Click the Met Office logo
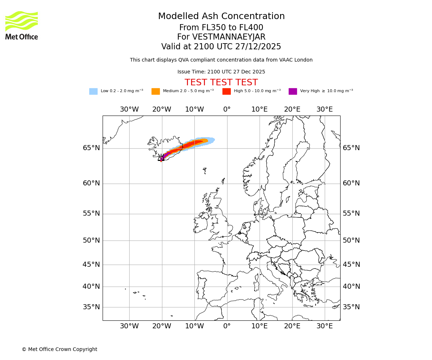(x=22, y=25)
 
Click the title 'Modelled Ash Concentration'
(x=221, y=17)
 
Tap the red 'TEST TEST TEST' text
(x=221, y=82)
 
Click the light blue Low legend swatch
(x=93, y=91)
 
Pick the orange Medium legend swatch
(x=156, y=91)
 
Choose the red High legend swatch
(x=226, y=91)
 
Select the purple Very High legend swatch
(x=293, y=91)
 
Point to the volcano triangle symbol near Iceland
(x=161, y=158)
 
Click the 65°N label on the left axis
(x=91, y=148)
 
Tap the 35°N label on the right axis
(x=351, y=307)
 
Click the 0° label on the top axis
(x=227, y=109)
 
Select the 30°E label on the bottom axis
(x=324, y=326)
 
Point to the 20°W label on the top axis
(x=162, y=109)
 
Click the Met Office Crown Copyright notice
(x=59, y=349)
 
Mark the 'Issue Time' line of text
(x=221, y=72)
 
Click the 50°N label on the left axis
(x=91, y=240)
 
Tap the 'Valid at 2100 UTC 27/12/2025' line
(x=221, y=47)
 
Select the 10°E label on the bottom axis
(x=259, y=326)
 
